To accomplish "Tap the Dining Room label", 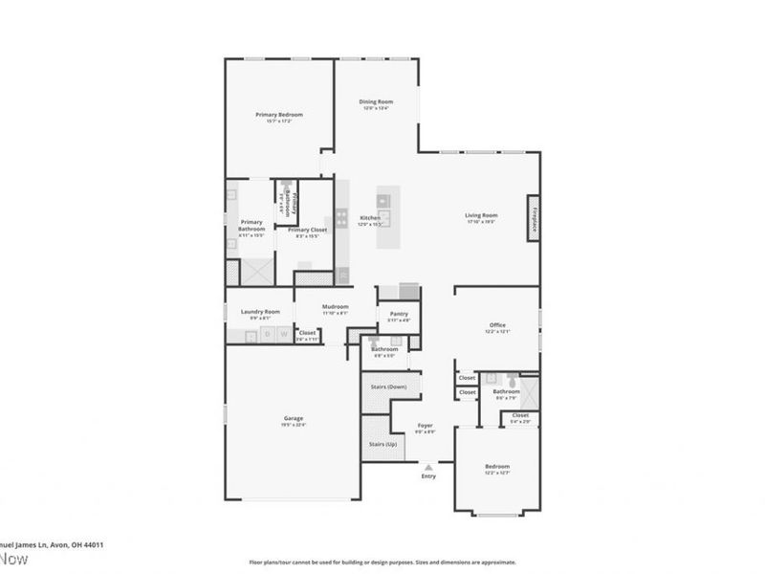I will pyautogui.click(x=376, y=101).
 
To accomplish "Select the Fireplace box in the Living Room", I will pyautogui.click(x=534, y=215).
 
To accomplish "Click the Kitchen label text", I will pyautogui.click(x=370, y=218).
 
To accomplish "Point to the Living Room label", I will pyautogui.click(x=481, y=215).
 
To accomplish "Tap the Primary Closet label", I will pyautogui.click(x=305, y=230).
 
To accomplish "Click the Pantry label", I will pyautogui.click(x=400, y=313).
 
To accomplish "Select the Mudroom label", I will pyautogui.click(x=335, y=306).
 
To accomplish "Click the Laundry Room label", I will pyautogui.click(x=260, y=311).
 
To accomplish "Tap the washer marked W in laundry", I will pyautogui.click(x=283, y=334).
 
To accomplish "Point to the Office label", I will pyautogui.click(x=496, y=325).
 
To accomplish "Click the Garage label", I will pyautogui.click(x=293, y=419).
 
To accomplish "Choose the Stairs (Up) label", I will pyautogui.click(x=376, y=446).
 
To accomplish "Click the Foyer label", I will pyautogui.click(x=426, y=426).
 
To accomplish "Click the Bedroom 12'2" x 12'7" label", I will pyautogui.click(x=496, y=466).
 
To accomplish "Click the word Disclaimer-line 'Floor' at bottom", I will pyautogui.click(x=255, y=563).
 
